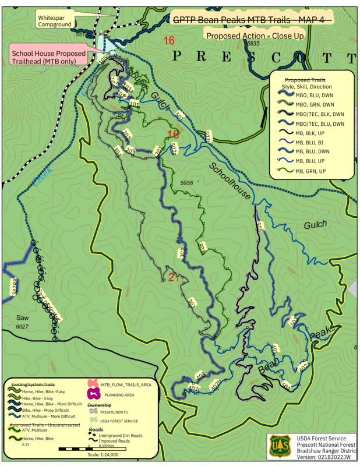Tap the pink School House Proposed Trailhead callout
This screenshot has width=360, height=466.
coord(49,57)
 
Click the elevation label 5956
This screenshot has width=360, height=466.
coord(188,183)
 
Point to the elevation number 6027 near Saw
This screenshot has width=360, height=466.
coord(22,327)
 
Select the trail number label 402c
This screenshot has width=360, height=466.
coord(194,389)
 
